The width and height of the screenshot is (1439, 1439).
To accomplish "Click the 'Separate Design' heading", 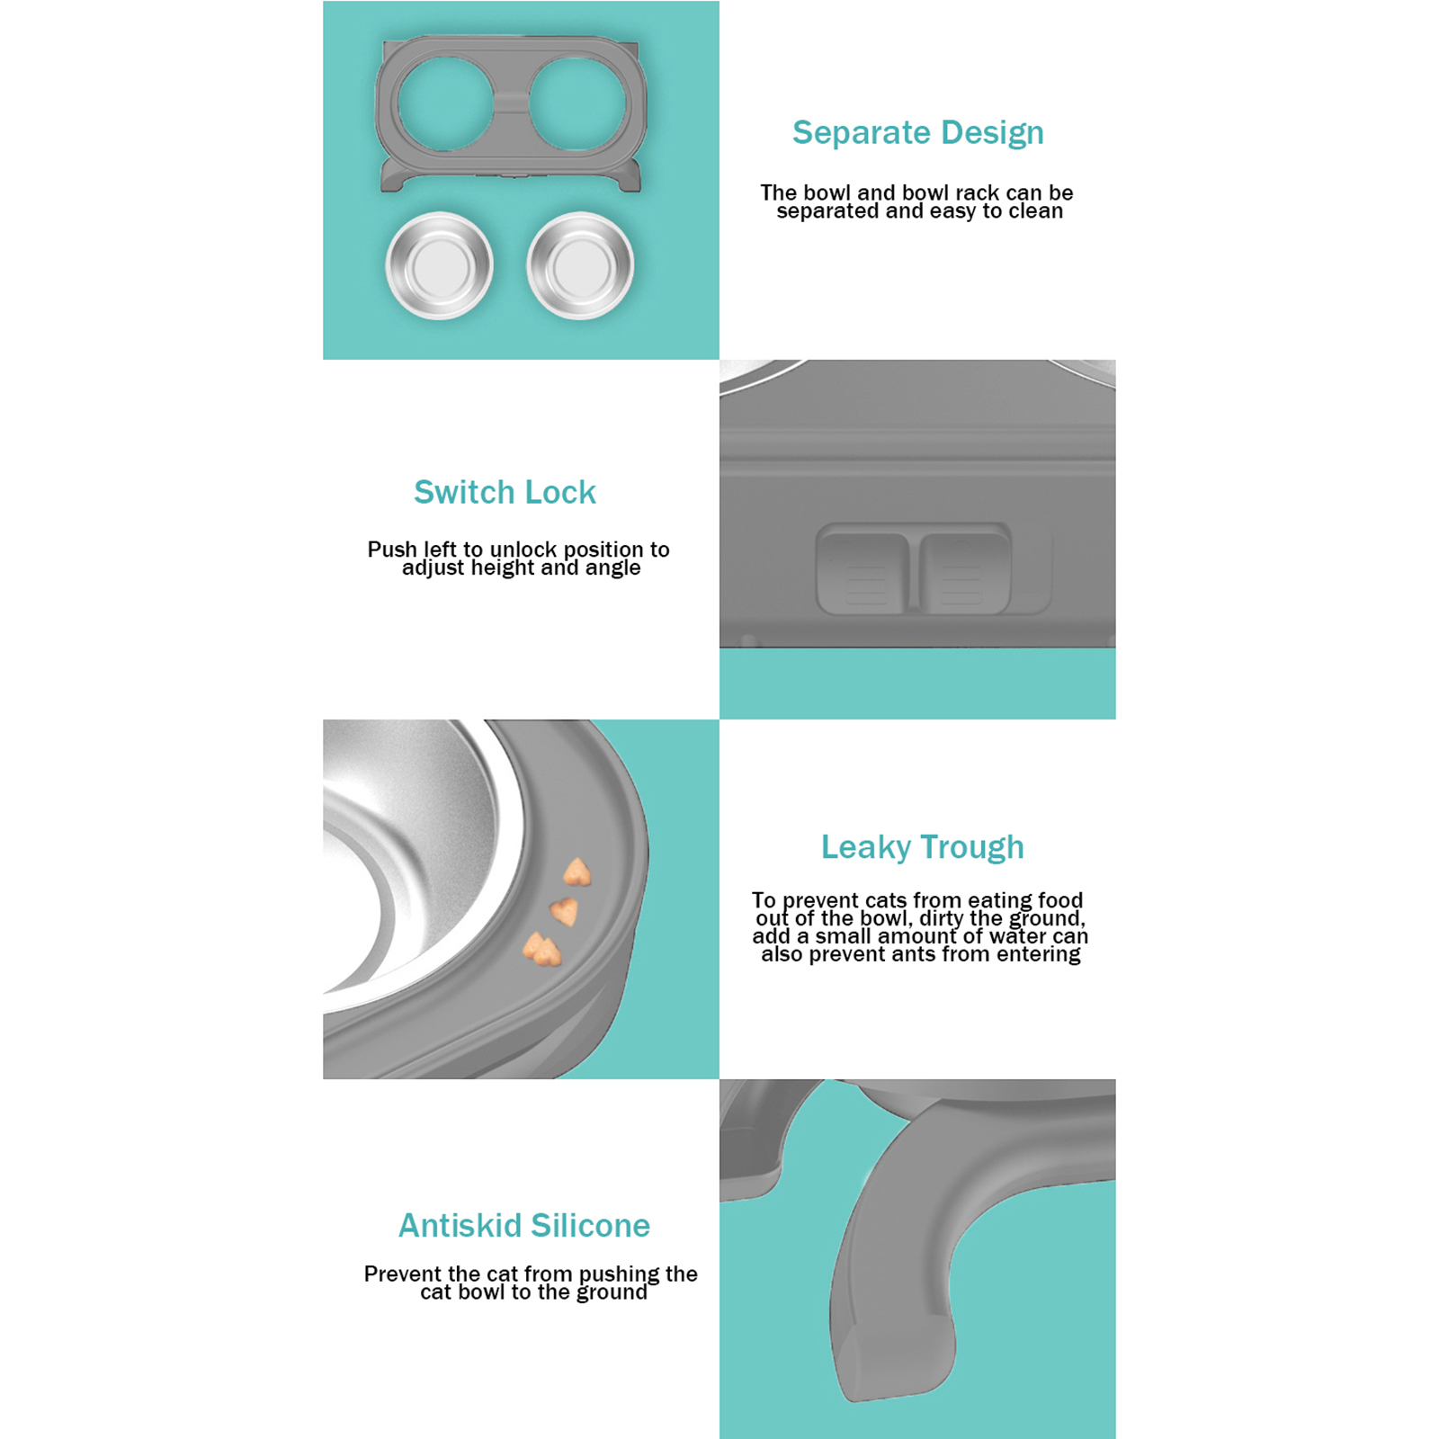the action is [918, 133].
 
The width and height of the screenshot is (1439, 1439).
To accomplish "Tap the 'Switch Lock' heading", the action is [505, 492].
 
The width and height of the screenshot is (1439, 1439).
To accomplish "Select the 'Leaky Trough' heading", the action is [922, 847].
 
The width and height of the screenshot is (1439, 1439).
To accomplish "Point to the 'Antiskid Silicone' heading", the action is [524, 1225].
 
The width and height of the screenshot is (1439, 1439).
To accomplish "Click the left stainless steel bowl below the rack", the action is [440, 265].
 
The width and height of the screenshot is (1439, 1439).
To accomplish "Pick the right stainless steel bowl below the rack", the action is [580, 265].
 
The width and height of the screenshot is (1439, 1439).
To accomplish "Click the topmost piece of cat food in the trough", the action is [576, 872].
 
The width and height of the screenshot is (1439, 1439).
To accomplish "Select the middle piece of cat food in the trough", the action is [564, 911].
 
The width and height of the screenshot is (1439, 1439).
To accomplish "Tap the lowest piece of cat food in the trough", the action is [542, 949].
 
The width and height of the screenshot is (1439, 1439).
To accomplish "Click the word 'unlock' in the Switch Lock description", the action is [524, 550].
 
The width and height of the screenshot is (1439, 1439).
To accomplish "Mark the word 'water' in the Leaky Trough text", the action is [1017, 936].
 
